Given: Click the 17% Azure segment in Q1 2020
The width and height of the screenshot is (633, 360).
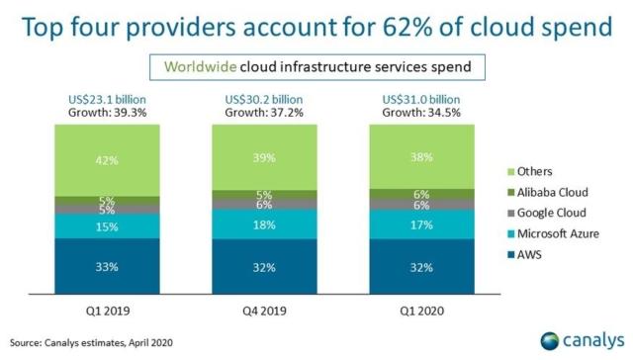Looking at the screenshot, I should [419, 225].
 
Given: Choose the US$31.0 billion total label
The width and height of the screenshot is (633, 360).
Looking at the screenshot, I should [419, 99].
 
